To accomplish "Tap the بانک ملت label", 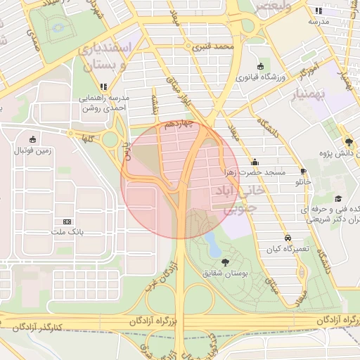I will coord(67,231).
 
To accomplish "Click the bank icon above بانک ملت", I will coord(67,221).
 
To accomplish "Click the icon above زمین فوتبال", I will coord(33,139).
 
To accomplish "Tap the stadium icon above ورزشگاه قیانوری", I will coord(260,66).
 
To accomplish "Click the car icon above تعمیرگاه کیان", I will coord(287,238).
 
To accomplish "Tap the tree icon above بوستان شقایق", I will coord(225,262).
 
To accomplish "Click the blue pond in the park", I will coord(211,245).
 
